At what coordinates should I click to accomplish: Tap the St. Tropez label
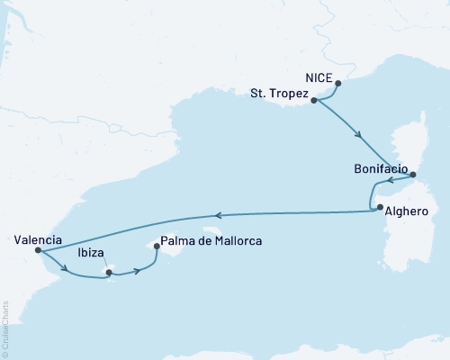[279, 94]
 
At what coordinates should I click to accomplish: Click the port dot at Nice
[338, 84]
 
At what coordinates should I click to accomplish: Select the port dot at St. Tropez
[313, 101]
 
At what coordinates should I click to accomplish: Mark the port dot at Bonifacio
[412, 176]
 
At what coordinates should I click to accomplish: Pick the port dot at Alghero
[380, 207]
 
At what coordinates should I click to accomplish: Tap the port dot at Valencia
[37, 251]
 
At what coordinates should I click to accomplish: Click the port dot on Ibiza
[108, 272]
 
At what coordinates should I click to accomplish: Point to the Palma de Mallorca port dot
[157, 246]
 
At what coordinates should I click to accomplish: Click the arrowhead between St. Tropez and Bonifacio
[361, 137]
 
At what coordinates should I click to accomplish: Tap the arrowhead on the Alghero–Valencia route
[218, 215]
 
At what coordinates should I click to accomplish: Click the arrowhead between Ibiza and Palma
[137, 270]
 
